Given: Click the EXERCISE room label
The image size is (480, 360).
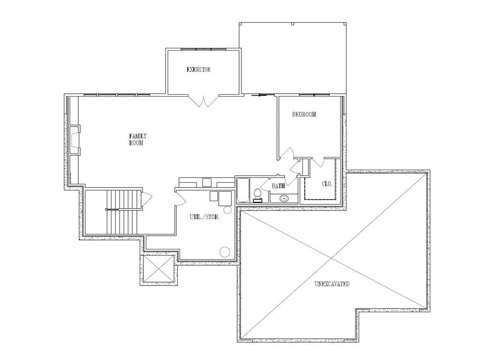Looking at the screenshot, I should (199, 70).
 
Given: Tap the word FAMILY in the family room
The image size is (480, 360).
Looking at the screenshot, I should (138, 136).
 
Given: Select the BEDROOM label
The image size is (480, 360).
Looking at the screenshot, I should (304, 114).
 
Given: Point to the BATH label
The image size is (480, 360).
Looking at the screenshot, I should (278, 186).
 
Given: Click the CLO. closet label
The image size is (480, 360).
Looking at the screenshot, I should (327, 184).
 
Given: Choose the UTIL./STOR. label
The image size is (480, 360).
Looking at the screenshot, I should (205, 217).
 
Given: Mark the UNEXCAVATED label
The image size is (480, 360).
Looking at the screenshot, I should (332, 284).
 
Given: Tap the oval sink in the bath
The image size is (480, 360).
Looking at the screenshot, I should (284, 198).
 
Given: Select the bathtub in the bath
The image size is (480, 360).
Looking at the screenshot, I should (242, 191).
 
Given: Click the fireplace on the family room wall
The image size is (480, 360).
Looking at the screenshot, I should (75, 140).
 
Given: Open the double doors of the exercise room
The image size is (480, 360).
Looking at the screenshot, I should (203, 101).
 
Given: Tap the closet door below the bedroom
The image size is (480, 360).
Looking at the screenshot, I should (318, 162).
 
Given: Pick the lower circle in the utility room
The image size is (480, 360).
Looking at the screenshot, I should (225, 252).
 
